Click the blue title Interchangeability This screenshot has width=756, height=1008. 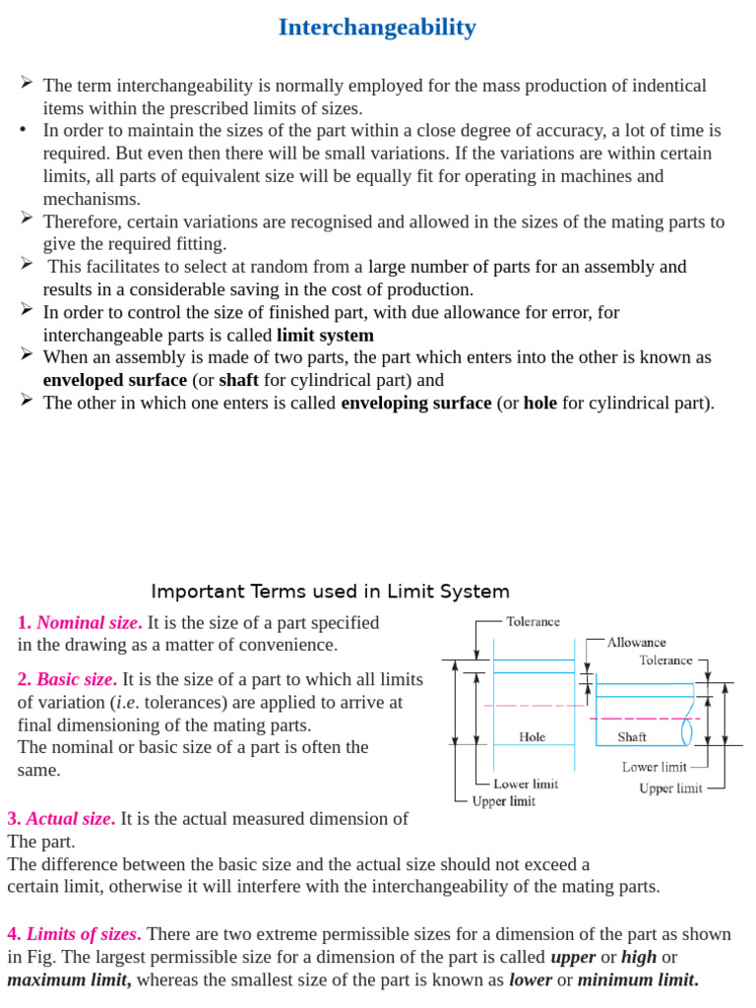(x=377, y=28)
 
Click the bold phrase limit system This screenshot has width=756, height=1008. (x=325, y=335)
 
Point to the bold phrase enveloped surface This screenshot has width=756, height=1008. (x=114, y=380)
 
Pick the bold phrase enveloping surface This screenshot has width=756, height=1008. (x=415, y=403)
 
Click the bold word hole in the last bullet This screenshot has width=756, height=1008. (x=540, y=403)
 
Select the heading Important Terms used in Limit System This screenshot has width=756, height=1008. (x=330, y=592)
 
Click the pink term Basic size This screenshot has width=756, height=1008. (x=77, y=679)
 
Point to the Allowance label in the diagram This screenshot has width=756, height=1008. (x=636, y=642)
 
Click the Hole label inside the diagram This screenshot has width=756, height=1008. (x=533, y=736)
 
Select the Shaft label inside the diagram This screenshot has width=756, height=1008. (x=632, y=736)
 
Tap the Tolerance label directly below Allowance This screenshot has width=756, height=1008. (x=665, y=661)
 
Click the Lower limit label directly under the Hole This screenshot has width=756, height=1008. (x=525, y=784)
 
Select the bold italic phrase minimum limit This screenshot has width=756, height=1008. (x=637, y=979)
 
